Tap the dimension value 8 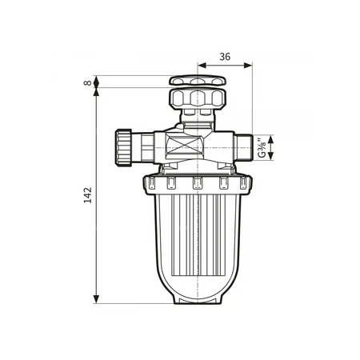click(x=86, y=82)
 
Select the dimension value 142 click(x=87, y=194)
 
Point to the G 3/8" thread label click(x=262, y=147)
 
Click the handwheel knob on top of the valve click(x=196, y=82)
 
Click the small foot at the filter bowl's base click(x=196, y=302)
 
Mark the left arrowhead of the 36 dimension click(x=200, y=67)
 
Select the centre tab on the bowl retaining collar click(x=196, y=185)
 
